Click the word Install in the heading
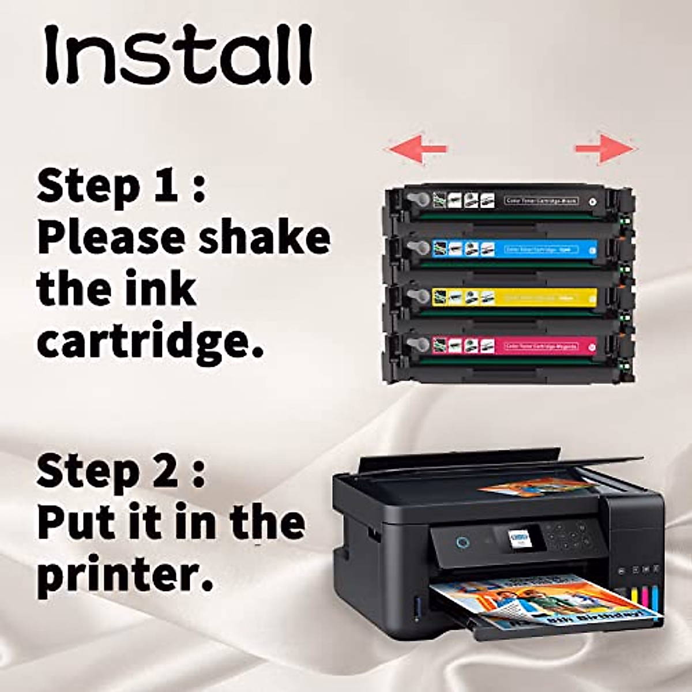click(179, 56)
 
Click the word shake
click(265, 238)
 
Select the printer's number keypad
click(568, 536)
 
